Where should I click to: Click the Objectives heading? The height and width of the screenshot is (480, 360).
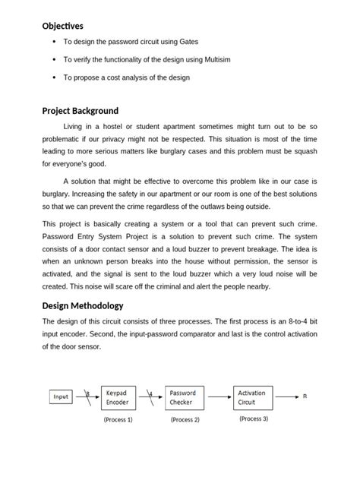click(x=62, y=26)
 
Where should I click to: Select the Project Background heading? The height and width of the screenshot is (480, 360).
click(x=80, y=111)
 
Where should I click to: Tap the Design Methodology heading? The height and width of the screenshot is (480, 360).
click(x=82, y=305)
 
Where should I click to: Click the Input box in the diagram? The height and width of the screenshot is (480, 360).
click(x=61, y=396)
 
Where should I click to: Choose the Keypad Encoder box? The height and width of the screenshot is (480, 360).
click(x=118, y=397)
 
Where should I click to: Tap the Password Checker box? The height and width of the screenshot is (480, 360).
click(x=184, y=397)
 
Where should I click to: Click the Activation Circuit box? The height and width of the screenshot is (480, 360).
click(x=253, y=397)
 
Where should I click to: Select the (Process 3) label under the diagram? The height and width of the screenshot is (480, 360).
click(x=252, y=418)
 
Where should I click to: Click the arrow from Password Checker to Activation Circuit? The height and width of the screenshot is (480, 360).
click(x=219, y=396)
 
